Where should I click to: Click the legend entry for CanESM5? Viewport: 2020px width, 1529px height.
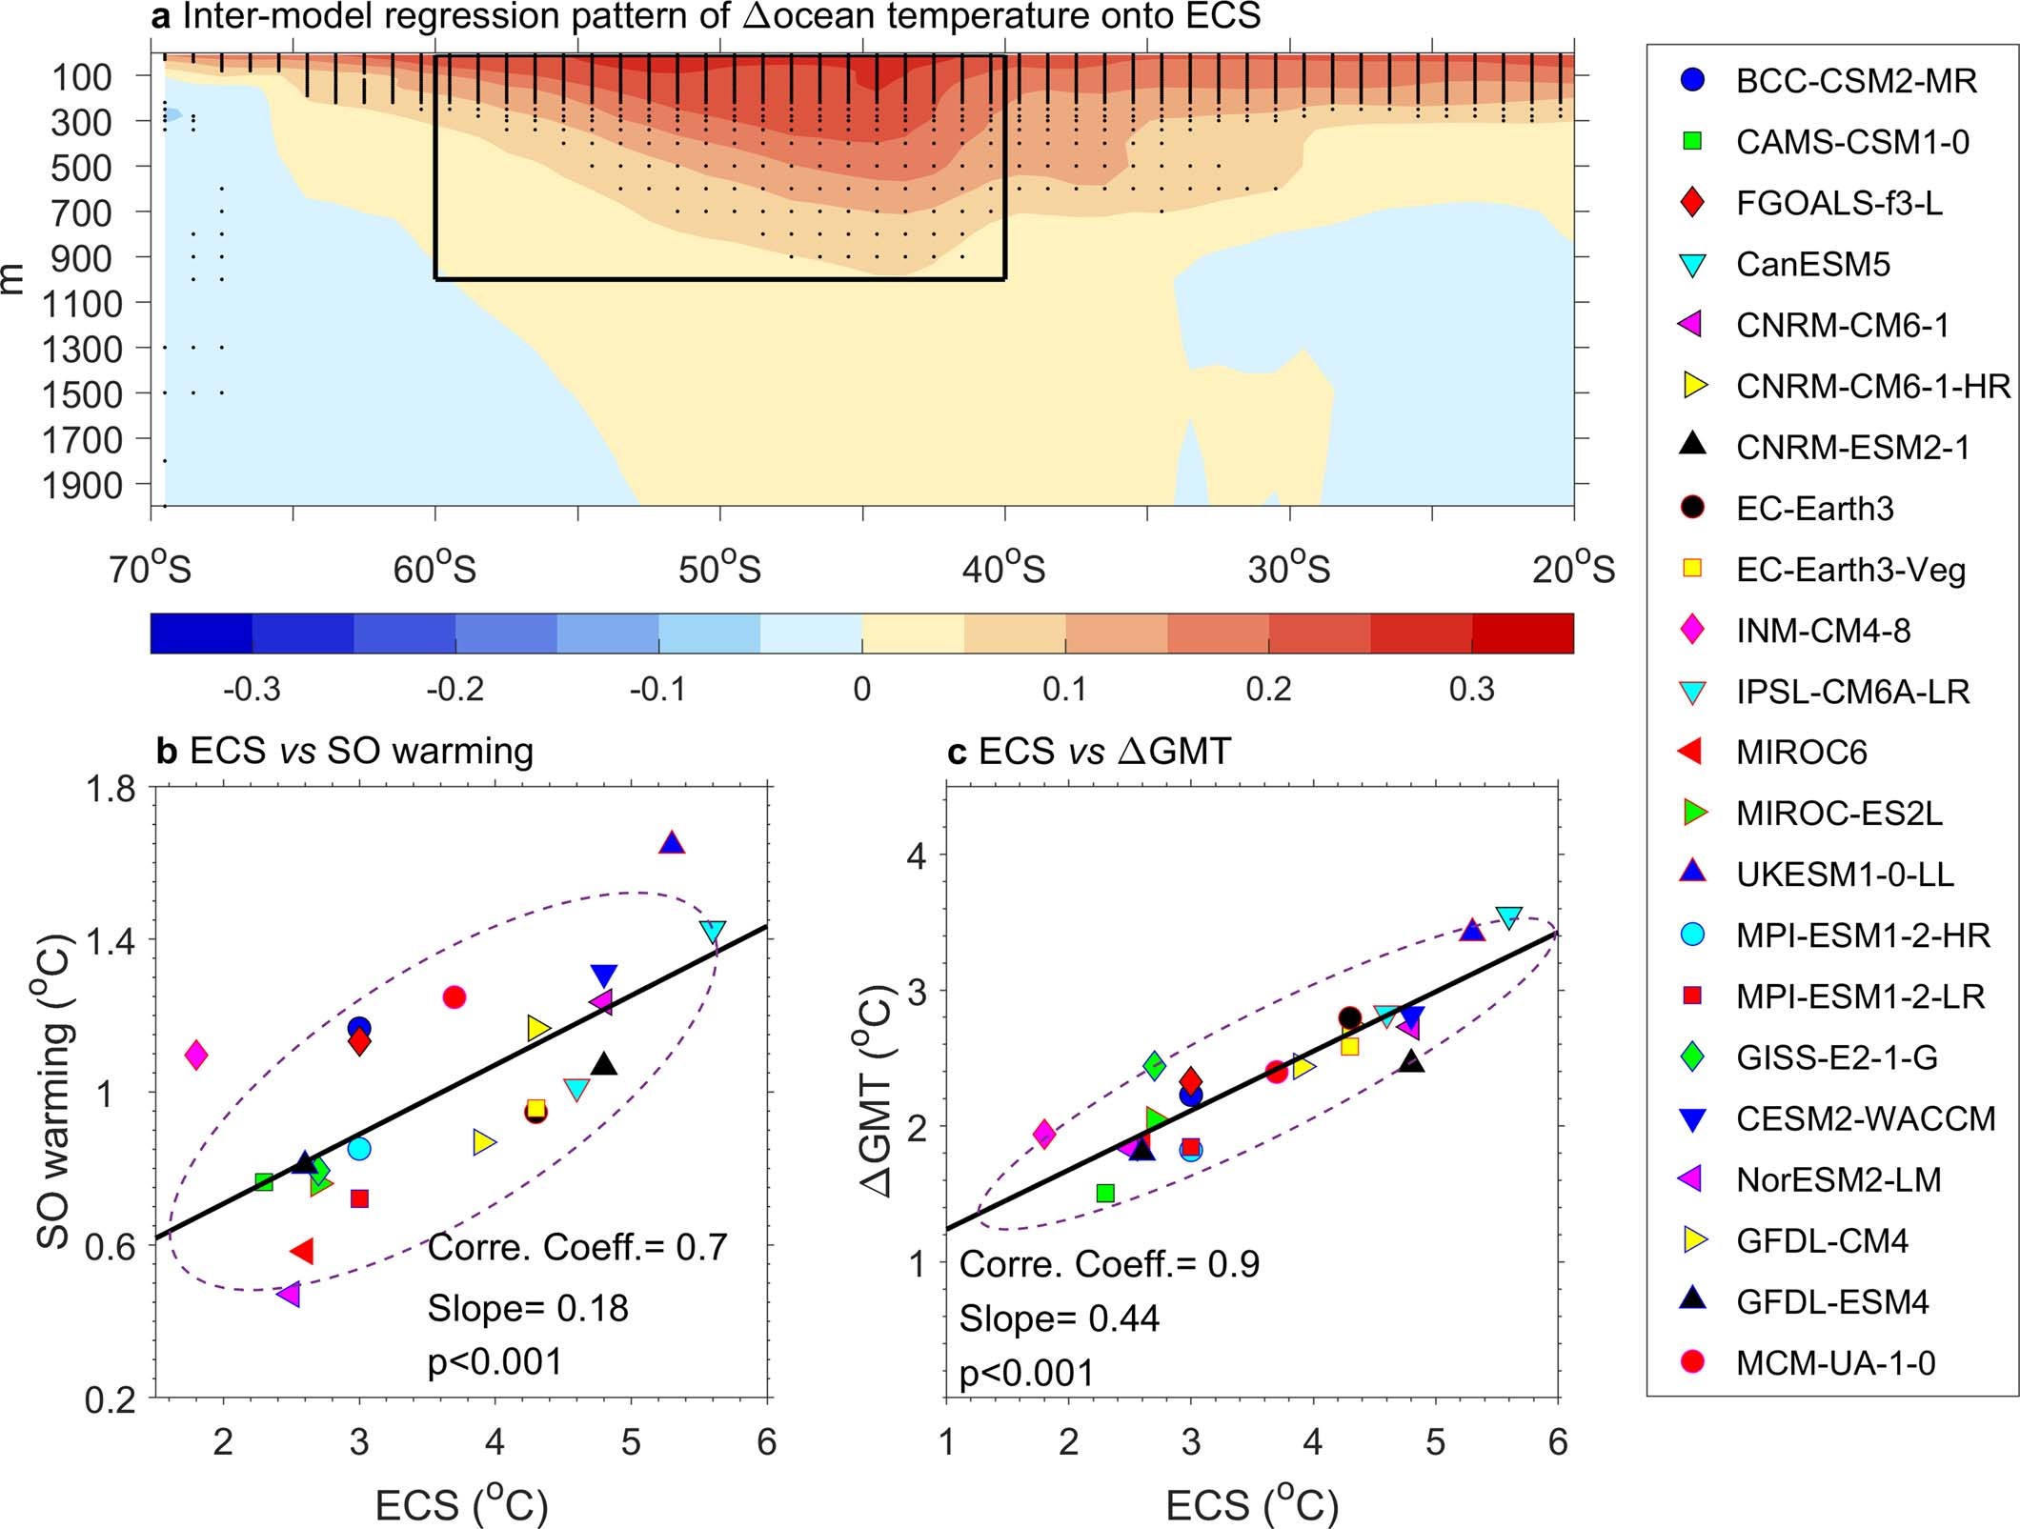coord(1811,264)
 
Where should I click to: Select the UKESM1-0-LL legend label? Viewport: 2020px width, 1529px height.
coord(1844,874)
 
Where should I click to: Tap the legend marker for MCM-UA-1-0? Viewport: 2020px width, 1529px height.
coord(1693,1361)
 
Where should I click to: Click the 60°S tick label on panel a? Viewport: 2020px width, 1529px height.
coord(434,570)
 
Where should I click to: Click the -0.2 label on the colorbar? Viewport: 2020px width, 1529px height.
coord(454,689)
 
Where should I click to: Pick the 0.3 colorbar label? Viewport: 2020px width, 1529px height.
coord(1471,689)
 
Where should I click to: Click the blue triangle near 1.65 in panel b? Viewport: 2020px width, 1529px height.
coord(672,843)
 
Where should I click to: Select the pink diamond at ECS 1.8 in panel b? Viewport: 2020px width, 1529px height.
coord(196,1055)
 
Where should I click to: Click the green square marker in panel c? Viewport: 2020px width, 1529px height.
coord(1105,1193)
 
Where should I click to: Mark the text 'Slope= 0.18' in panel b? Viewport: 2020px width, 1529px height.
coord(528,1308)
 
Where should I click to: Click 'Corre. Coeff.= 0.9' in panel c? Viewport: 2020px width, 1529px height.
coord(1109,1264)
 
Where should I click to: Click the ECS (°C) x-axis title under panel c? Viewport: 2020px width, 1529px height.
coord(1252,1505)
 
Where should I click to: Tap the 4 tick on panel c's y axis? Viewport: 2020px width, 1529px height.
coord(917,855)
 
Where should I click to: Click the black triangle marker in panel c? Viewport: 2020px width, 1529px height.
coord(1412,1061)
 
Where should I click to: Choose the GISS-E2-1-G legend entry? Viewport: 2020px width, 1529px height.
coord(1835,1056)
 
